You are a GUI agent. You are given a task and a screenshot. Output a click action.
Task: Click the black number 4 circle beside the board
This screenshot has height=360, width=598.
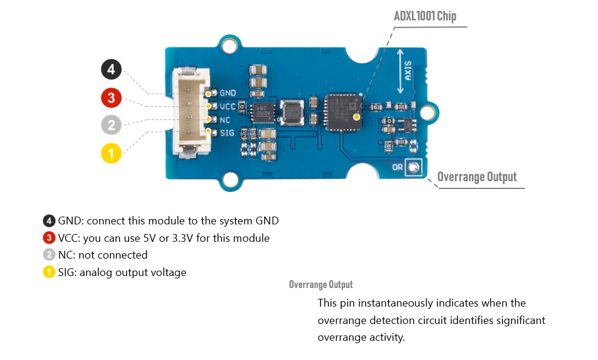coord(111,70)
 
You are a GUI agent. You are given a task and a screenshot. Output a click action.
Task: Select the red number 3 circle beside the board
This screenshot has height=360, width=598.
coord(111,97)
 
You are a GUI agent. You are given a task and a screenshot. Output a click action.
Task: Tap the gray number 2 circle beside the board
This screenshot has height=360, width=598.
coord(111,125)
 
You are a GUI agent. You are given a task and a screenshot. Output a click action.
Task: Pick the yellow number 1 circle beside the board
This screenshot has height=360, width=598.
coord(111,153)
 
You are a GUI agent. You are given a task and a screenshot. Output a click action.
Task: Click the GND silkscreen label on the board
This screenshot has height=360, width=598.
coord(228,93)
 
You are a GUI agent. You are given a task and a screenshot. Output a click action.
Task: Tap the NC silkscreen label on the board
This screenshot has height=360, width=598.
coord(226,119)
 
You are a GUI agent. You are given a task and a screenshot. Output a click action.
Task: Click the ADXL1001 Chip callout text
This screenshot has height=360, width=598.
coord(424,16)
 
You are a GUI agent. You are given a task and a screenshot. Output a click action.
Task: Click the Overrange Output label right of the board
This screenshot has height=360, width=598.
coord(477,177)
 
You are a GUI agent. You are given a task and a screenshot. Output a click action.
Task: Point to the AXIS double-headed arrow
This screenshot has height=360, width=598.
coord(401,71)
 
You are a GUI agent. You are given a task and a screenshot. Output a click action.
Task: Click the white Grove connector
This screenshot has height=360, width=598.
coord(191,112)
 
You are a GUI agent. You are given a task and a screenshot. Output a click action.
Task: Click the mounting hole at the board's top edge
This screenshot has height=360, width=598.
coord(229,46)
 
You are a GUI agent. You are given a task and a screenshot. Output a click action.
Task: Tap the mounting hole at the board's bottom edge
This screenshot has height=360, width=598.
coord(229,179)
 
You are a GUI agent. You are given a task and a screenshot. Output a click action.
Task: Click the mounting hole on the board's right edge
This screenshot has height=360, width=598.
coord(428,112)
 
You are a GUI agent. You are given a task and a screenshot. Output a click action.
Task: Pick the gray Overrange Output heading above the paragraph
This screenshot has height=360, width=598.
coord(321,284)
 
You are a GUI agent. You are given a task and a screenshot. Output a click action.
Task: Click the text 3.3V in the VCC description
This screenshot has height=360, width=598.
coord(180,238)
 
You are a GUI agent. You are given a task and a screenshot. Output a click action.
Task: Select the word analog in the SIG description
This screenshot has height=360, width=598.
coord(94,272)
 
